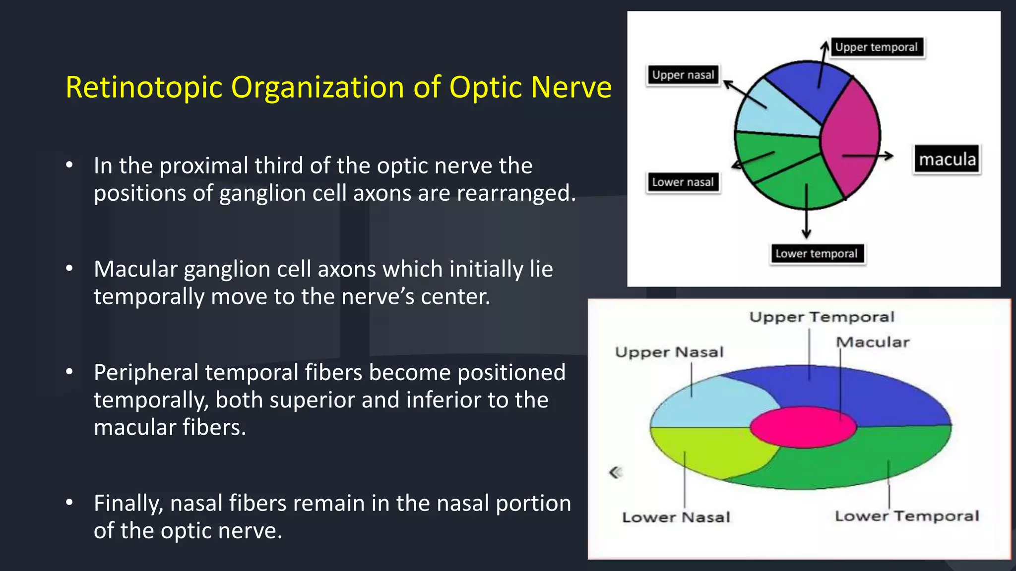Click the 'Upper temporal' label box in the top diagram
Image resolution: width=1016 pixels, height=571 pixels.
tap(877, 48)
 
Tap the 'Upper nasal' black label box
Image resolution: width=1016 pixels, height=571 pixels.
tap(683, 75)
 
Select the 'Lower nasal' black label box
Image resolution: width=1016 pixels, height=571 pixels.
tap(683, 182)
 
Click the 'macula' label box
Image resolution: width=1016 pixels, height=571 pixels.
tap(947, 160)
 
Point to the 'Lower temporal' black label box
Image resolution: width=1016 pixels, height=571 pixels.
tap(817, 254)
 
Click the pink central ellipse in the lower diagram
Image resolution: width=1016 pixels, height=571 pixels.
tap(803, 427)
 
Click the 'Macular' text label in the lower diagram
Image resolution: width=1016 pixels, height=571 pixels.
tap(873, 342)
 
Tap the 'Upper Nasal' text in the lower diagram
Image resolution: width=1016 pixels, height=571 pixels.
tap(669, 352)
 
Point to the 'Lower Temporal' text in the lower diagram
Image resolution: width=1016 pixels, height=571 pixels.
tap(907, 516)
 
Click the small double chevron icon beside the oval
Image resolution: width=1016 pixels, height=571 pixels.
tap(616, 472)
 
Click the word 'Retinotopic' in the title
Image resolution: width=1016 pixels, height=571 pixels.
tap(144, 88)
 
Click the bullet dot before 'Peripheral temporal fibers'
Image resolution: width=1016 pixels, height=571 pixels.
tap(69, 371)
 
